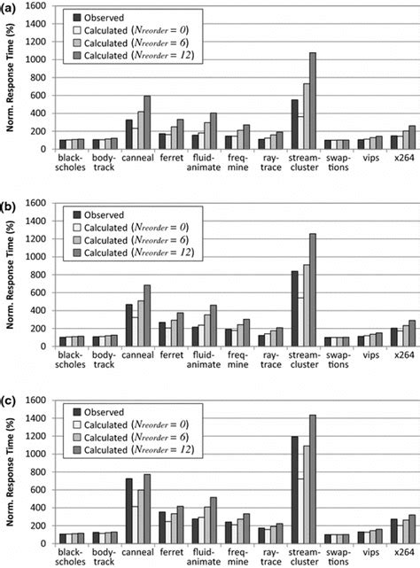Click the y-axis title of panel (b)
[x=9, y=269]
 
